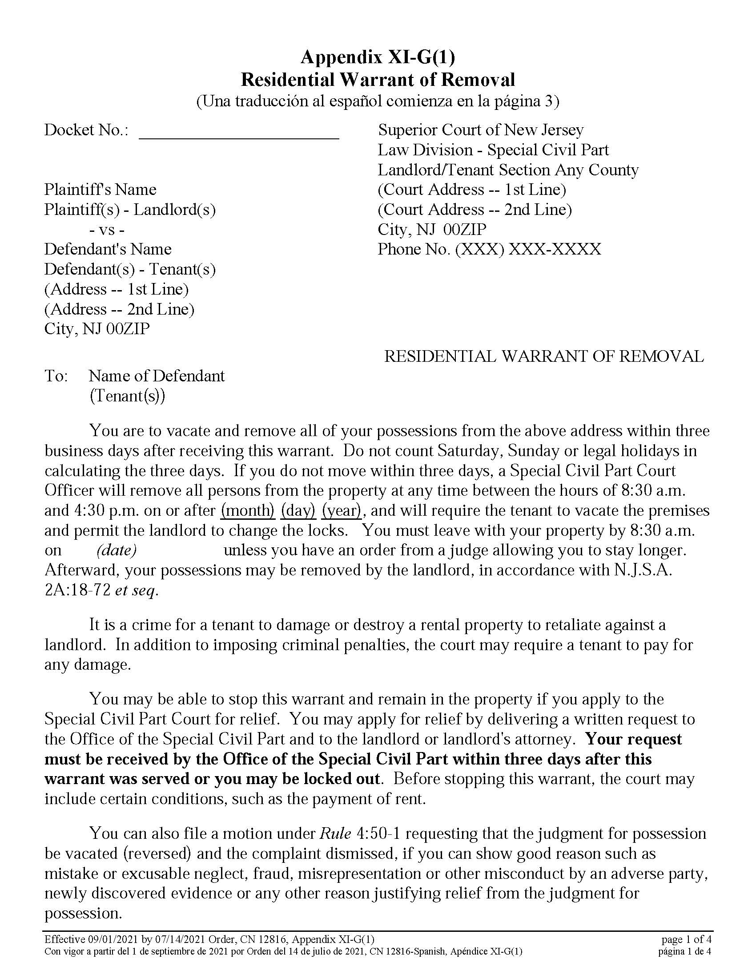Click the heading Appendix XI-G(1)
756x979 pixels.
(x=378, y=57)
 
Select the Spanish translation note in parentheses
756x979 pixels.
(x=378, y=101)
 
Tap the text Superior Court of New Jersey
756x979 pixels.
(x=481, y=130)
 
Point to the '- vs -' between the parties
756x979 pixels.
(x=107, y=230)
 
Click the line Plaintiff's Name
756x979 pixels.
(x=101, y=190)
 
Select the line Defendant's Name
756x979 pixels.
(x=108, y=249)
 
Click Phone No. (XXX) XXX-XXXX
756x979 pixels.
(x=489, y=249)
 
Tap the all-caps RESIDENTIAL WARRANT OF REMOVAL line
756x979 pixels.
(x=544, y=356)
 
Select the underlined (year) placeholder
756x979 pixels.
(x=342, y=510)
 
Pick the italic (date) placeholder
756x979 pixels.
(x=117, y=550)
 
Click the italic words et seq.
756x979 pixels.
(x=136, y=591)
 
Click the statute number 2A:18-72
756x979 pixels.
(x=77, y=591)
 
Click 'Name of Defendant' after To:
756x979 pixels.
(x=157, y=376)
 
